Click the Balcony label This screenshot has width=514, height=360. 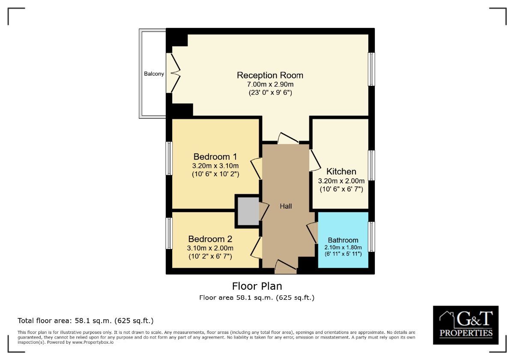click(154, 74)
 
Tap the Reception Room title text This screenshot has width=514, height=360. click(270, 75)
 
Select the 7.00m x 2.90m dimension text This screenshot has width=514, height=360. click(270, 84)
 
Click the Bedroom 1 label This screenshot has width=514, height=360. click(215, 156)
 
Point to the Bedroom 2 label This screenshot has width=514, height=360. click(210, 239)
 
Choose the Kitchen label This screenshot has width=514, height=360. click(341, 171)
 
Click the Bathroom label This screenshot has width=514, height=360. click(343, 240)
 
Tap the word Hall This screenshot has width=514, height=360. click(286, 206)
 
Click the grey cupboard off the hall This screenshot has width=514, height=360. click(248, 211)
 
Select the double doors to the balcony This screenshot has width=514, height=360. click(173, 73)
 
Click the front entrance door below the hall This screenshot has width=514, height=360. click(286, 267)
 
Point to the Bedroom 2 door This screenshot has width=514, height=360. click(256, 248)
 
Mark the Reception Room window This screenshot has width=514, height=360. click(371, 69)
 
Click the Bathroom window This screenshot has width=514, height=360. click(371, 237)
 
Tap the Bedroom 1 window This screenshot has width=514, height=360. click(169, 158)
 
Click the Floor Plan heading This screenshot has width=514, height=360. click(257, 286)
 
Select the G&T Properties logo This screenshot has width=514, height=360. click(466, 325)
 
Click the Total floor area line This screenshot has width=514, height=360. click(86, 321)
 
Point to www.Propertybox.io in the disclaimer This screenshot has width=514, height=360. click(93, 342)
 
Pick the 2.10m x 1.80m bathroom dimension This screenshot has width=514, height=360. click(343, 248)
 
